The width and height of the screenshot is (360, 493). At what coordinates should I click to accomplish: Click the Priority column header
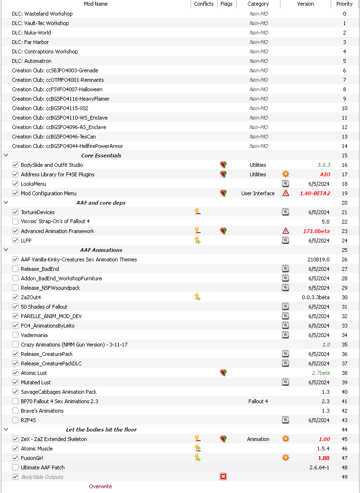coord(344,4)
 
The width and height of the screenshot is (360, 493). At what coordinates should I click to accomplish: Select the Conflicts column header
coord(204,4)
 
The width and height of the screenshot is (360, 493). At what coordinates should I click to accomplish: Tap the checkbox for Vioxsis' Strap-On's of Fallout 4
coord(16,222)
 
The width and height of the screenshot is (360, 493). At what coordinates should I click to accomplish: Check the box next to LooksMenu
coord(16,184)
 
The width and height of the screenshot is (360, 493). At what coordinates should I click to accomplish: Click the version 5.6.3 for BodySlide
coord(324,165)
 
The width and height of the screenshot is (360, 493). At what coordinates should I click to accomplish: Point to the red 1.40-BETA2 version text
coord(315,193)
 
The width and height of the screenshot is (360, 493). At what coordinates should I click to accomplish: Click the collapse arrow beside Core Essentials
coord(6,156)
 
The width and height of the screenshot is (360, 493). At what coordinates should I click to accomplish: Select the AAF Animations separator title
coord(101,250)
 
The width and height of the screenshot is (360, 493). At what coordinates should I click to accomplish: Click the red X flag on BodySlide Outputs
coord(223,477)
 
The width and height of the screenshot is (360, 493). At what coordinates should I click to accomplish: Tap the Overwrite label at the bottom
coord(100,486)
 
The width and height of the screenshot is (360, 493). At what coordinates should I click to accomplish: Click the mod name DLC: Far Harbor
coord(31,42)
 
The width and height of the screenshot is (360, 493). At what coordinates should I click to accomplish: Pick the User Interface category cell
coord(258,193)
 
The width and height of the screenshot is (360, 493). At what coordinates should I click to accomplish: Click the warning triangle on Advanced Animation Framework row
coord(285,231)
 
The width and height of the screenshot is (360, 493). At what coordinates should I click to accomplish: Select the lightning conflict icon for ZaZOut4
coord(198,297)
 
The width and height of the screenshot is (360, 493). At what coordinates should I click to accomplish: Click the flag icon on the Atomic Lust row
coord(223,373)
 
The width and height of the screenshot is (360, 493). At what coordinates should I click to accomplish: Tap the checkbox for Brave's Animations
coord(16,411)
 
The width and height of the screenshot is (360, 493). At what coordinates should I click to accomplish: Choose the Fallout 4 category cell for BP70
coord(258,401)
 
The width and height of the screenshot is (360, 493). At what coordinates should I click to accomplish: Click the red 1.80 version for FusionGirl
coord(324,458)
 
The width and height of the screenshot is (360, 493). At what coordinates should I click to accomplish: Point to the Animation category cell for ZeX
coord(258,439)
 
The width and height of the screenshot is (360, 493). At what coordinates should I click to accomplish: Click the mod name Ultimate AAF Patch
coord(43,467)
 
